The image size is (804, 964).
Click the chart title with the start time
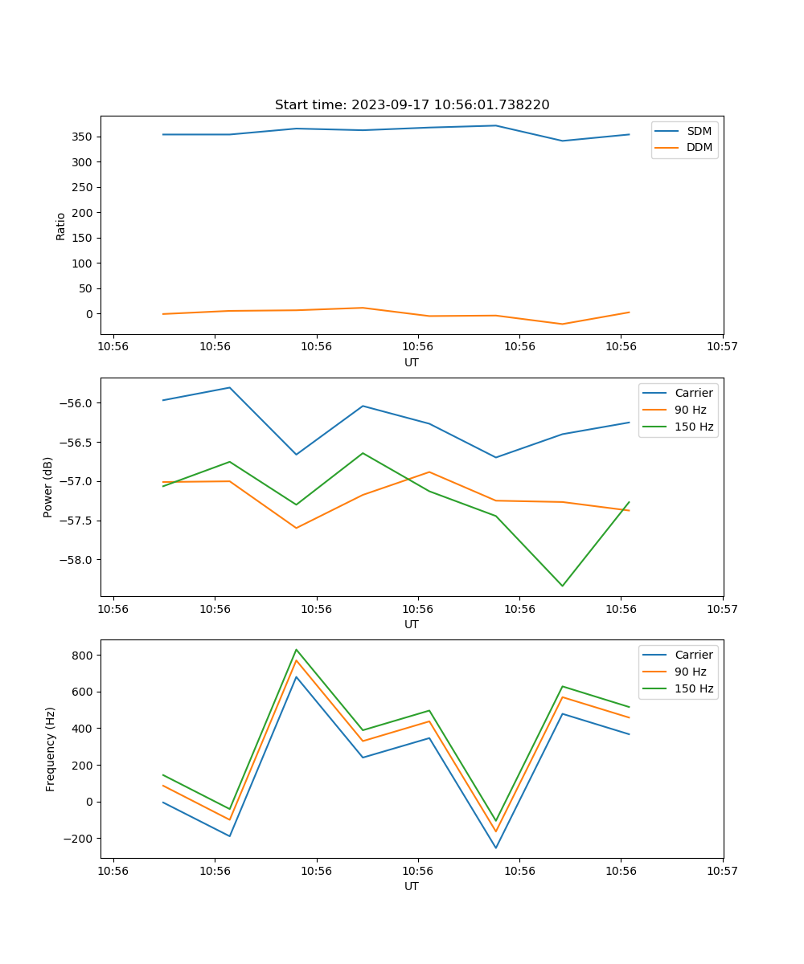click(x=412, y=105)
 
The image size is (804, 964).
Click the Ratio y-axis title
click(x=61, y=227)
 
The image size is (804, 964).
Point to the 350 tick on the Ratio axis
click(x=84, y=137)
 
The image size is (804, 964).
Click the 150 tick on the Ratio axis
click(x=84, y=238)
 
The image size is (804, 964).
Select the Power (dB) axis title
click(x=48, y=487)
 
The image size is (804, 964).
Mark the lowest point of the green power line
click(x=562, y=586)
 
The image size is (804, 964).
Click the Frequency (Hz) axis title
click(x=51, y=749)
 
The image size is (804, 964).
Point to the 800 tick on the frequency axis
click(x=84, y=656)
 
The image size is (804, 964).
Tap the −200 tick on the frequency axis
click(x=80, y=839)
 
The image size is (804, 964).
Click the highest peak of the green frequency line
click(x=297, y=650)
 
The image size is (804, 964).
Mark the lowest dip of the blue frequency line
click(x=495, y=848)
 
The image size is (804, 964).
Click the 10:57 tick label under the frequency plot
click(x=722, y=870)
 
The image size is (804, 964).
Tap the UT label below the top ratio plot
click(x=412, y=362)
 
